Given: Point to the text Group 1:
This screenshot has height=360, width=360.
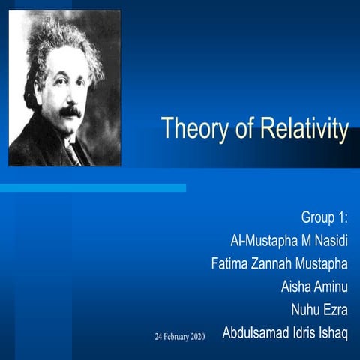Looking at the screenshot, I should point(324,218).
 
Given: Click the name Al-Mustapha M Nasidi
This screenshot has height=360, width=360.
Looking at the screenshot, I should point(289,241).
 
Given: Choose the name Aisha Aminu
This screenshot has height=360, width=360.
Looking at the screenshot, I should point(314,286).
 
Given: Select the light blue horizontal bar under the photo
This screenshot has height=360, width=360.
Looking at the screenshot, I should point(93,187).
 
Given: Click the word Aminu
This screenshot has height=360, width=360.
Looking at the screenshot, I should point(331,286).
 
